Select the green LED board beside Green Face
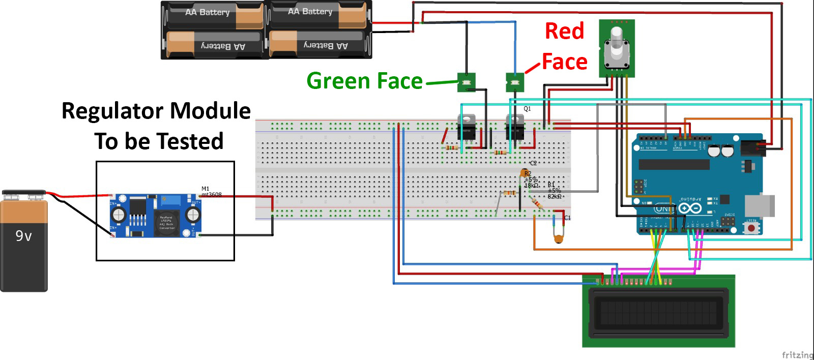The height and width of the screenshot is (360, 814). click(x=466, y=82)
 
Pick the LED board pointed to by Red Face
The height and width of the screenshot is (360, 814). click(x=515, y=82)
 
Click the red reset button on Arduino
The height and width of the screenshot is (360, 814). click(x=751, y=228)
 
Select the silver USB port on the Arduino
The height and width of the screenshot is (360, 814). click(x=759, y=205)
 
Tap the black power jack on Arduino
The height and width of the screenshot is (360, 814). click(x=752, y=147)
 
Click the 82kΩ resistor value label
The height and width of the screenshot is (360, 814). click(x=555, y=197)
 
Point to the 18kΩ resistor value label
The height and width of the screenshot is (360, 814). click(x=531, y=186)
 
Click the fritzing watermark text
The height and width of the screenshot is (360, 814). click(x=797, y=354)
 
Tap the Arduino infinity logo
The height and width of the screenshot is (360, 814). click(x=690, y=208)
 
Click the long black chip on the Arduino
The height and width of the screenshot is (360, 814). click(x=674, y=164)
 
